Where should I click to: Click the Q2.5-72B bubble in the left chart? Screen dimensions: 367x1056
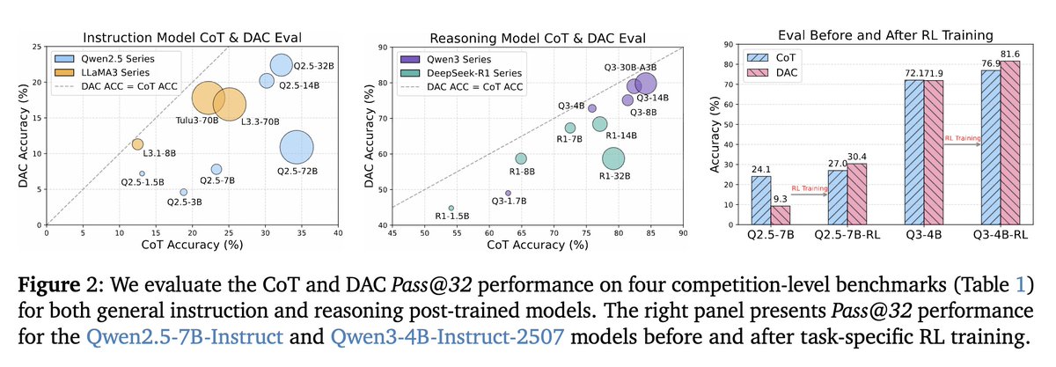tap(297, 148)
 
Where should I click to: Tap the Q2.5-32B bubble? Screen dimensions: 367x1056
tap(281, 65)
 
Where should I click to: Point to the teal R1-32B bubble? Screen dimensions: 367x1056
tap(613, 158)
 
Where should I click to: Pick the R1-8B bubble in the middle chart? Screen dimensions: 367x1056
tap(521, 158)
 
